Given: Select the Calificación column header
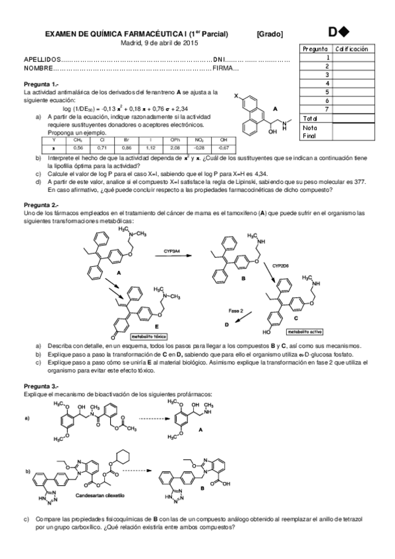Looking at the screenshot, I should pyautogui.click(x=351, y=49).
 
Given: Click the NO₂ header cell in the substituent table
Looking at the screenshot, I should pyautogui.click(x=199, y=140).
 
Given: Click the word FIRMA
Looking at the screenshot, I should pyautogui.click(x=224, y=68).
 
